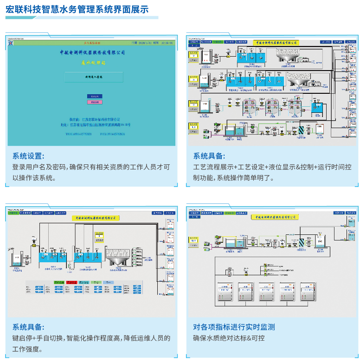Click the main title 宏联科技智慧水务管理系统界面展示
coord(77,9)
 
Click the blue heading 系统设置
coord(28,156)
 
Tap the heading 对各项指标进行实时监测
coord(234,327)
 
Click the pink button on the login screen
coord(94,102)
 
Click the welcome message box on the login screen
coord(94,77)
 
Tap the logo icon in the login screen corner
coord(11,43)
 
